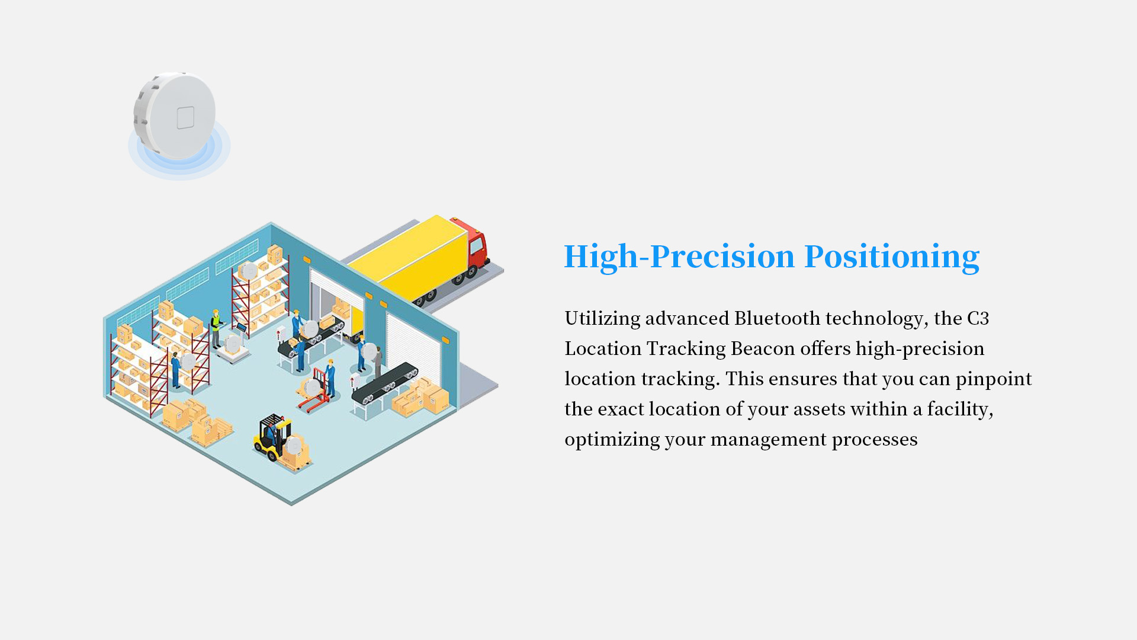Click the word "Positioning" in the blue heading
(891, 257)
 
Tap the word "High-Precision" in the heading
(679, 257)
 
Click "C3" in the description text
(978, 318)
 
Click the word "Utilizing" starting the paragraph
(602, 319)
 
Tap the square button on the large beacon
(185, 117)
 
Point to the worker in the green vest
(216, 328)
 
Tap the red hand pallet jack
(315, 391)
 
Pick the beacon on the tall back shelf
(249, 271)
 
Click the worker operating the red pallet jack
(330, 377)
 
